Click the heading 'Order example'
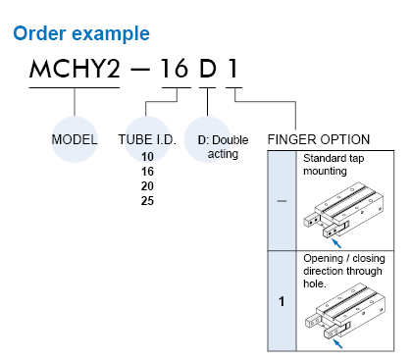tap(80, 34)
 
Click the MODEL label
tap(75, 139)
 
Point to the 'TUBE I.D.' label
tap(146, 139)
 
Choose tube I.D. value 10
tap(147, 156)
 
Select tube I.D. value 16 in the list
tap(147, 171)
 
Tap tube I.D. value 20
tap(147, 185)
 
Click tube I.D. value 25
tap(147, 200)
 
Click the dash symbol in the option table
tap(283, 200)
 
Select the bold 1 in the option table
tap(283, 300)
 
